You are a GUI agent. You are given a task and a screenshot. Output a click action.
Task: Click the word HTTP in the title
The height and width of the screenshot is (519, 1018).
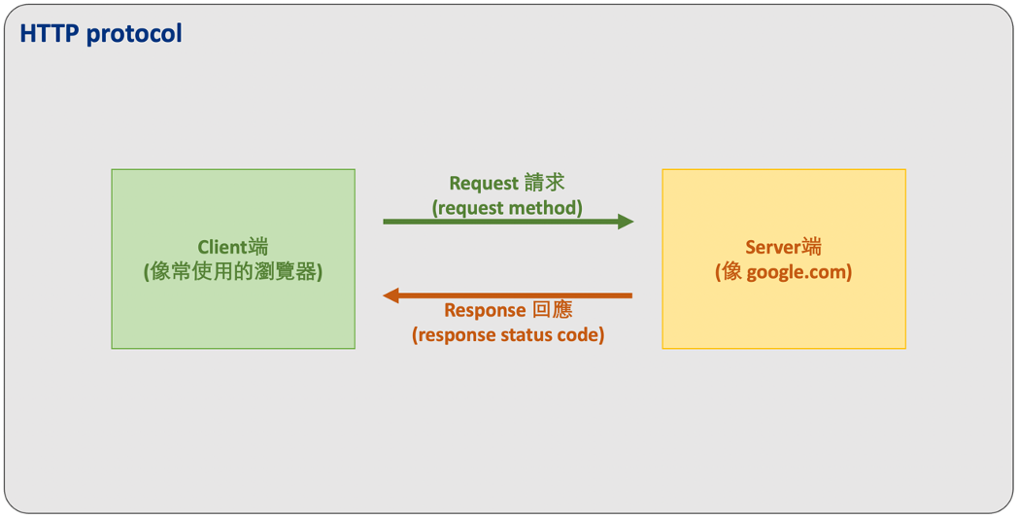click(50, 34)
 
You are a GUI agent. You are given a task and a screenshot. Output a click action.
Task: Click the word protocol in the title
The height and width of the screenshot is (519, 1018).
click(134, 34)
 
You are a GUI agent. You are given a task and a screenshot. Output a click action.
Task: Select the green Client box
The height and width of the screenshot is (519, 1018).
click(233, 311)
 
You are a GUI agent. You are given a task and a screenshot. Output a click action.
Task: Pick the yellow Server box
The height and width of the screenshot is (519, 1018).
click(783, 311)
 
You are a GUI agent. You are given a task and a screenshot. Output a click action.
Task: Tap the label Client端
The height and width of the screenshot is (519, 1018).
click(233, 248)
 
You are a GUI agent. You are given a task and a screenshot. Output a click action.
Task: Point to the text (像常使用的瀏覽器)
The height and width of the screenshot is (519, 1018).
click(233, 272)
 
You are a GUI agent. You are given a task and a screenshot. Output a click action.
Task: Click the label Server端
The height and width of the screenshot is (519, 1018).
click(783, 248)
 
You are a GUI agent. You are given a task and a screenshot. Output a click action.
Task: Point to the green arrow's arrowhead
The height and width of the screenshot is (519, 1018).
click(627, 222)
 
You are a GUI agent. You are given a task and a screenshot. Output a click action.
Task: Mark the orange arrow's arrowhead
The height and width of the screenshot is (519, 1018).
click(391, 295)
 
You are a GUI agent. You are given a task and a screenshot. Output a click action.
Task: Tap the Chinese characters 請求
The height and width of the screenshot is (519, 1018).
click(547, 183)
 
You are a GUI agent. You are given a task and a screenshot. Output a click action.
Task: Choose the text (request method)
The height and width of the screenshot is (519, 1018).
click(507, 207)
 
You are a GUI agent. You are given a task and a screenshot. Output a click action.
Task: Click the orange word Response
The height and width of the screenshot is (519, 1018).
click(485, 310)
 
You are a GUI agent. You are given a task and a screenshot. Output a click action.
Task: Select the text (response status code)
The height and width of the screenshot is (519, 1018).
click(508, 335)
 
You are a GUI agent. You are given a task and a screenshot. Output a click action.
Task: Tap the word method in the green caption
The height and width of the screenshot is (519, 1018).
click(545, 207)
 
